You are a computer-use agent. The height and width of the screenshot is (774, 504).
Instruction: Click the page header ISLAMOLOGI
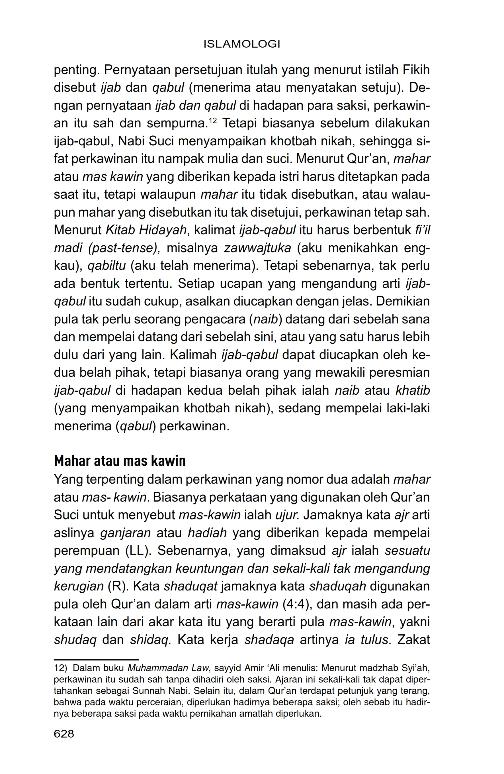coord(242,44)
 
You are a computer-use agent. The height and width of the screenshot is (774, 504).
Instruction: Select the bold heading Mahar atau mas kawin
coord(120,461)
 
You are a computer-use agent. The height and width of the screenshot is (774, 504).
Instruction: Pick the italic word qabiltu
coord(106,266)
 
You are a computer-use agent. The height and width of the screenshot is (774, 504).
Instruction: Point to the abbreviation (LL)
coord(137,551)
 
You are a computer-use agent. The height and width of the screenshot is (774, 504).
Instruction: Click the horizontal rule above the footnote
coord(96,659)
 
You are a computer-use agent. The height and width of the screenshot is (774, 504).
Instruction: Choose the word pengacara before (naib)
coord(214,319)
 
